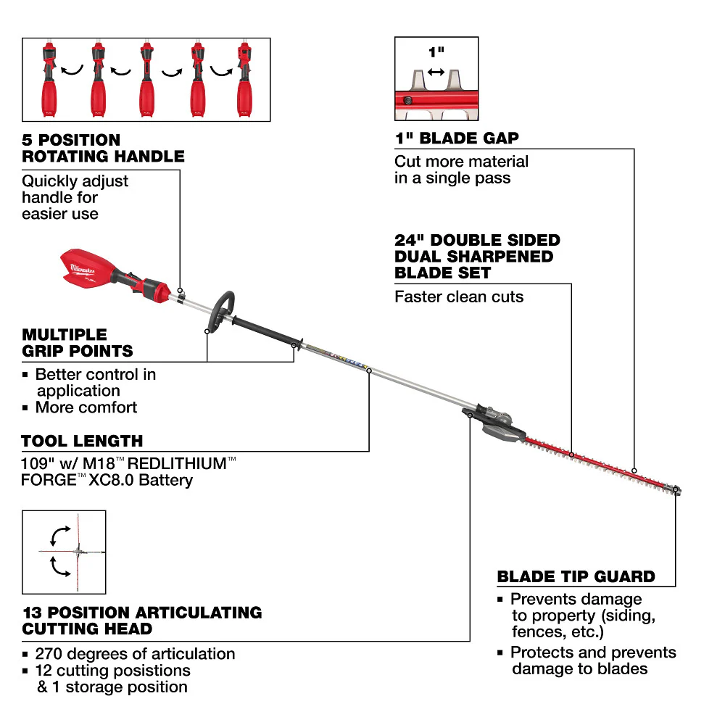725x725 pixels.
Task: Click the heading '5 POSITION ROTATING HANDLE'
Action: pos(102,148)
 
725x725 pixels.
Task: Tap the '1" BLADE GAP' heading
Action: pos(457,138)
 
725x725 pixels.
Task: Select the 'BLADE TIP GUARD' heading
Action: pos(576,577)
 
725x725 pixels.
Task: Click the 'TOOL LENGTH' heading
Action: pos(82,441)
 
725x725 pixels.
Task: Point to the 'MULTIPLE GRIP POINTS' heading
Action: pos(78,343)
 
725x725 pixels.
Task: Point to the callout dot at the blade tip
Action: pos(676,491)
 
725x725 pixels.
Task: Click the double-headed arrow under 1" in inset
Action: pos(436,72)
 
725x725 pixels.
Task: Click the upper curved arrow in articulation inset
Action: pos(57,535)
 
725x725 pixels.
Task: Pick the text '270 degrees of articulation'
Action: pos(135,654)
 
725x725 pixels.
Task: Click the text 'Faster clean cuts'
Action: pos(459,297)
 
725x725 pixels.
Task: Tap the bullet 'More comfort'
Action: pos(86,407)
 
